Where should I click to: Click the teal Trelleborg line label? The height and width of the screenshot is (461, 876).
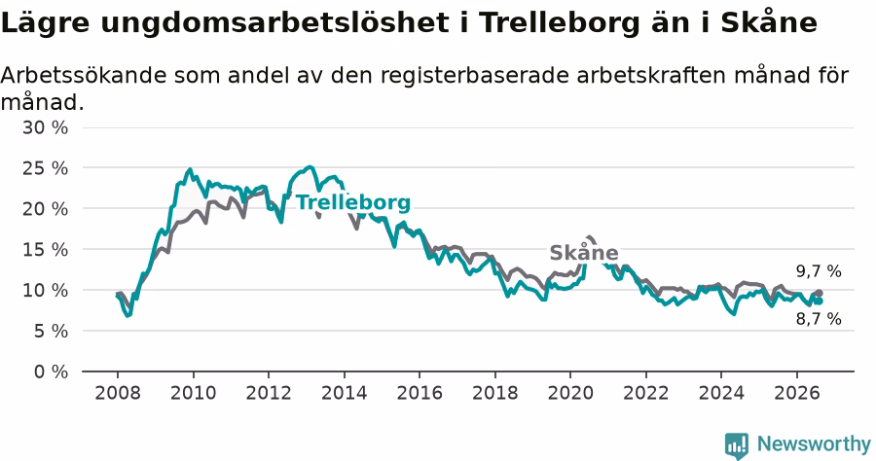click(x=353, y=202)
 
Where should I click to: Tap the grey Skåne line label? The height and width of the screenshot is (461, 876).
click(x=584, y=253)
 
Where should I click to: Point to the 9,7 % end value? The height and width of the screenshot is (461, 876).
click(x=819, y=271)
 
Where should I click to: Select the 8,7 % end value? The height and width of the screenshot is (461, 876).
click(x=819, y=319)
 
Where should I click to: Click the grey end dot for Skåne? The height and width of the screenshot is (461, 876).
click(x=819, y=293)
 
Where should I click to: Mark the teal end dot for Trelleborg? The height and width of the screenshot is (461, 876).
click(x=819, y=301)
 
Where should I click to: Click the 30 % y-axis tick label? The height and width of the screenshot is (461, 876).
click(x=45, y=127)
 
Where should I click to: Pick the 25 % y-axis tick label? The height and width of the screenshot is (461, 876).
click(x=45, y=168)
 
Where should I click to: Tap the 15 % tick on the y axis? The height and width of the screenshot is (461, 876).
click(x=45, y=250)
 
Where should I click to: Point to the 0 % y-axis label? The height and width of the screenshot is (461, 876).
click(x=51, y=372)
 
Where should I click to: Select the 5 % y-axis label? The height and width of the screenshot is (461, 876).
click(x=51, y=331)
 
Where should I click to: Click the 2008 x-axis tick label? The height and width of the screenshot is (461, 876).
click(x=118, y=393)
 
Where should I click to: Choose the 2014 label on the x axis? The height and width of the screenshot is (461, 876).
click(x=345, y=393)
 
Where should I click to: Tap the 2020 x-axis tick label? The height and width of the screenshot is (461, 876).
click(x=570, y=393)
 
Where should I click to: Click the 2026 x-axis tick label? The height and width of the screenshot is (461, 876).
click(x=796, y=393)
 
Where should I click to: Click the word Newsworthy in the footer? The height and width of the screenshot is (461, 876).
click(x=814, y=444)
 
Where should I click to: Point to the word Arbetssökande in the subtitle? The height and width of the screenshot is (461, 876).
click(x=84, y=75)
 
